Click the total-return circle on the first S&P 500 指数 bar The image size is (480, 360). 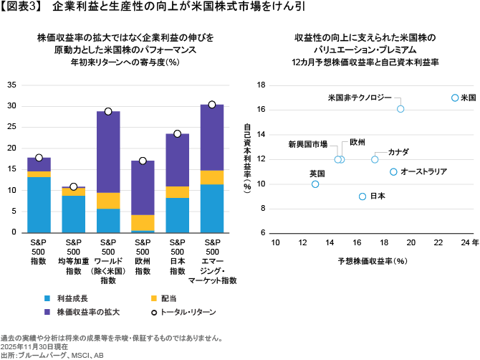tap(39, 158)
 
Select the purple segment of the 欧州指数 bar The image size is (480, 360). tap(143, 188)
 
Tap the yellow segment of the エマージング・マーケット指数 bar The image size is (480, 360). tap(212, 177)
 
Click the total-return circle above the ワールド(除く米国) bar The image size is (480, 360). tap(108, 111)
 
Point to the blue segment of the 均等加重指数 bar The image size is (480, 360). tap(73, 214)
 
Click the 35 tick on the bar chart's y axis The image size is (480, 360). tap(11, 85)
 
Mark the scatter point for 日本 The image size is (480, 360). tap(363, 196)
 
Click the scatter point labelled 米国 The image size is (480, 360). tap(455, 98)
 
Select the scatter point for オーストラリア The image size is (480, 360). tap(393, 171)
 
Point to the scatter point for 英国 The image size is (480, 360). tap(315, 184)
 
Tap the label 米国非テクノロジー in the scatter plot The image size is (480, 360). tap(360, 96)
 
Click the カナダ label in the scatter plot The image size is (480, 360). tap(398, 152)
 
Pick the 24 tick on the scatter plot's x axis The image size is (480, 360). tap(466, 243)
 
